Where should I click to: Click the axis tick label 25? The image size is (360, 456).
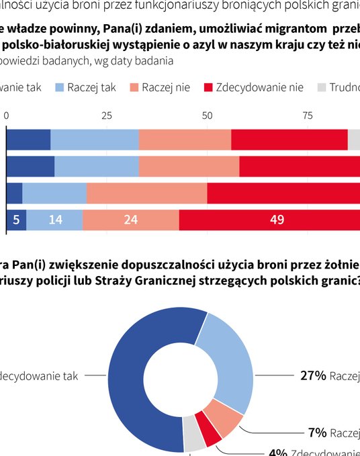(x=106, y=116)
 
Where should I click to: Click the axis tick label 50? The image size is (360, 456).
(x=207, y=116)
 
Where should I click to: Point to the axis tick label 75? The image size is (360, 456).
(x=308, y=116)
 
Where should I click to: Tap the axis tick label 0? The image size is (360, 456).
(x=7, y=116)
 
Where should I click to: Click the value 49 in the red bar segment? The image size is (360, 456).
(x=277, y=220)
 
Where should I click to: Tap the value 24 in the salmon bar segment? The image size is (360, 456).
(x=130, y=220)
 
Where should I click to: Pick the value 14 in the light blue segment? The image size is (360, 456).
(x=54, y=220)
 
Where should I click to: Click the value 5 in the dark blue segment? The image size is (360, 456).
(x=16, y=220)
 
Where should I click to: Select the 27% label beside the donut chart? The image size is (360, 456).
(x=312, y=376)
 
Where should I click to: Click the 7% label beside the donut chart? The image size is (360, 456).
(x=317, y=432)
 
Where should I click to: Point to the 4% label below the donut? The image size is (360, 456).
(x=278, y=453)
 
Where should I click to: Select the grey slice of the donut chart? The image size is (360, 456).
(x=193, y=440)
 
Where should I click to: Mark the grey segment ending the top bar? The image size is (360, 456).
(x=354, y=139)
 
